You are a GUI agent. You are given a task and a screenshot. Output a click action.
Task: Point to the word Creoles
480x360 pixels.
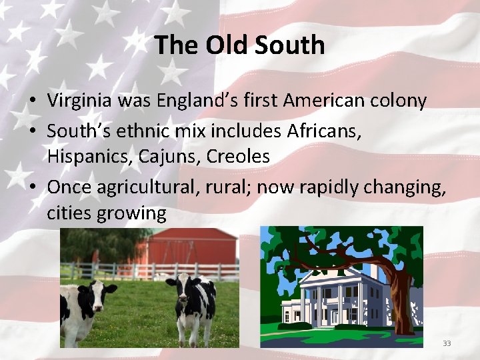pyautogui.click(x=238, y=157)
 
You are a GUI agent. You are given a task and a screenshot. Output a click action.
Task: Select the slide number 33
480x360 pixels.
pyautogui.click(x=447, y=343)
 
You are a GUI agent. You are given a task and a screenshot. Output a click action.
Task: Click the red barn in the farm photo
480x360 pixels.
pyautogui.click(x=193, y=248)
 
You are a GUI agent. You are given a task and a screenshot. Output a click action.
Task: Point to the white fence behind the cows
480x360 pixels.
pyautogui.click(x=133, y=271)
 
